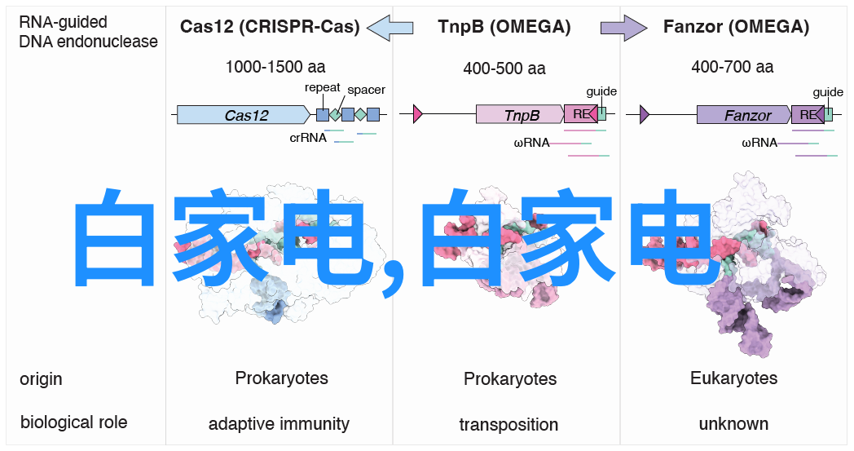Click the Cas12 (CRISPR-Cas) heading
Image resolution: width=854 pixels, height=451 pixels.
click(270, 27)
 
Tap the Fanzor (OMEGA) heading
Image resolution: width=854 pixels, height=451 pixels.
click(736, 27)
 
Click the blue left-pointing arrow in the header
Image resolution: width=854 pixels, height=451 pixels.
click(390, 28)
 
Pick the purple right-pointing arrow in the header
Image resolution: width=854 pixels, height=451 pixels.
click(623, 28)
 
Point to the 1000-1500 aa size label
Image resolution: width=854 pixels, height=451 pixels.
click(275, 68)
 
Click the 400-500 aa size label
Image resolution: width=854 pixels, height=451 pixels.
click(504, 69)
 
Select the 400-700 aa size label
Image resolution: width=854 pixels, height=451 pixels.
click(733, 68)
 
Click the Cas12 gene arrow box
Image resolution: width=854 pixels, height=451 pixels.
click(244, 115)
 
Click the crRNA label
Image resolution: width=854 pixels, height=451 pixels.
click(308, 138)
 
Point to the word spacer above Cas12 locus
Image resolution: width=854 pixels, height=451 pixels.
click(366, 90)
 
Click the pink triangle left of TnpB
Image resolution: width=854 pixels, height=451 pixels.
click(418, 114)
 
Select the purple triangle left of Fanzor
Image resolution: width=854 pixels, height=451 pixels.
click(644, 114)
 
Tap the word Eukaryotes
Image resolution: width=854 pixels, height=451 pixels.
click(733, 378)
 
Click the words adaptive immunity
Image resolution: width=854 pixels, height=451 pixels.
click(279, 424)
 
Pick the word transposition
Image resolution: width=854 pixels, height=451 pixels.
click(508, 425)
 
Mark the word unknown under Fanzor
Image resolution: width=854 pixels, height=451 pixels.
click(733, 424)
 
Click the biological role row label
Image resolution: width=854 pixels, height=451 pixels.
click(74, 422)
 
